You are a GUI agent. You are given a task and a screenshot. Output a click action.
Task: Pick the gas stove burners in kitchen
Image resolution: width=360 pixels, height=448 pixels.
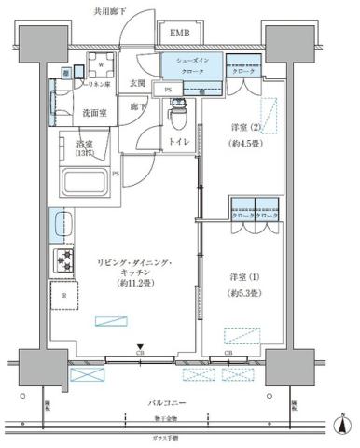click(x=65, y=260)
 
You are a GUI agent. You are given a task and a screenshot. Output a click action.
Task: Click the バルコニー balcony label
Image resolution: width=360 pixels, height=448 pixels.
click(x=170, y=402)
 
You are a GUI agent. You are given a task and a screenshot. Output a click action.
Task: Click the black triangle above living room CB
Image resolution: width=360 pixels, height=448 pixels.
click(x=140, y=346)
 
